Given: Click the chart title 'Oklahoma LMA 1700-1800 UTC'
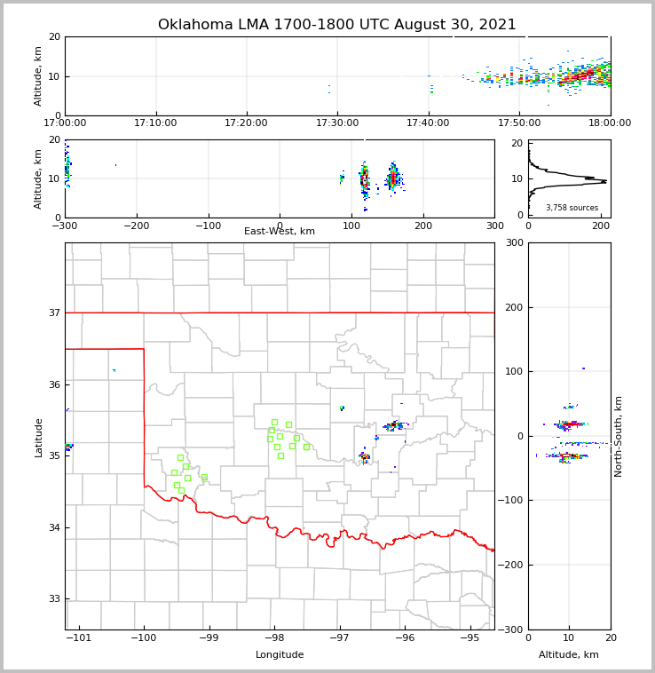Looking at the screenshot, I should (336, 25).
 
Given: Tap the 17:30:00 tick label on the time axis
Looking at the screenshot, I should (337, 123).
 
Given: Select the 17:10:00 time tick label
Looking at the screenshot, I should (156, 123).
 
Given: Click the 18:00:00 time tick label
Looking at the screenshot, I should (610, 123).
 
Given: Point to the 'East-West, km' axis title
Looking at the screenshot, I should (280, 232).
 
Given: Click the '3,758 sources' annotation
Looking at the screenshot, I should (572, 208).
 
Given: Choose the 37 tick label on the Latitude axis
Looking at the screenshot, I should (54, 313).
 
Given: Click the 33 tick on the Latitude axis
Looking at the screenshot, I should (54, 598).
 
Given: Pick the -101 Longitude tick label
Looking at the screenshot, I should (79, 638).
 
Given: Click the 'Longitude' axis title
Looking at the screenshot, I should (280, 655).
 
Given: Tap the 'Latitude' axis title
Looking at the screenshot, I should (39, 437).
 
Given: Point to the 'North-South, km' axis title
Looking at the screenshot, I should (619, 436).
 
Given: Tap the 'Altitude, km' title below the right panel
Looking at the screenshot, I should (569, 655).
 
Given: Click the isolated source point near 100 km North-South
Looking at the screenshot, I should (583, 368).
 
